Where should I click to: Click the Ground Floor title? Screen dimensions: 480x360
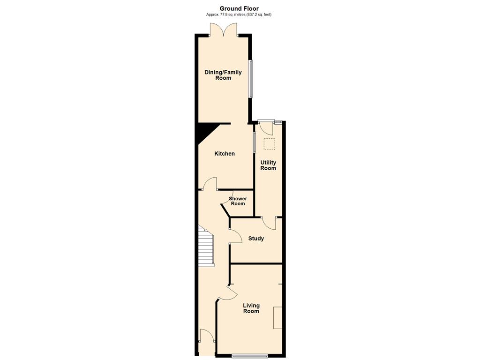(239, 8)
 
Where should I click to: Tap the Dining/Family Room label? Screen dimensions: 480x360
(223, 75)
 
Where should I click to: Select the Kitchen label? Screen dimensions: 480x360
(225, 154)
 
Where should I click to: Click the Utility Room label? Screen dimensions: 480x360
(268, 165)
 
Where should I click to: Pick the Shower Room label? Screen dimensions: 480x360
(238, 201)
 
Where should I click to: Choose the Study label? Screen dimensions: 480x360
(256, 239)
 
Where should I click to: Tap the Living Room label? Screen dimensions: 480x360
(251, 308)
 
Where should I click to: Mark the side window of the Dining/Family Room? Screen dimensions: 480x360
(251, 79)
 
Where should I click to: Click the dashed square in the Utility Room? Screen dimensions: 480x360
(270, 144)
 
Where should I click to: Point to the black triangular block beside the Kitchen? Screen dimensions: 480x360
(207, 132)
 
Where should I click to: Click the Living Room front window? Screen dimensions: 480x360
(250, 356)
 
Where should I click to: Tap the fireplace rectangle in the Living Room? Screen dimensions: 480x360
(277, 318)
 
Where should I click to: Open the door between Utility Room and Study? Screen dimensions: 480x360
(270, 223)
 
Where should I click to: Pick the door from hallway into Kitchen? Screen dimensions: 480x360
(210, 183)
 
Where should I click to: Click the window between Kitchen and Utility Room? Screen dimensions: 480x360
(255, 142)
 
